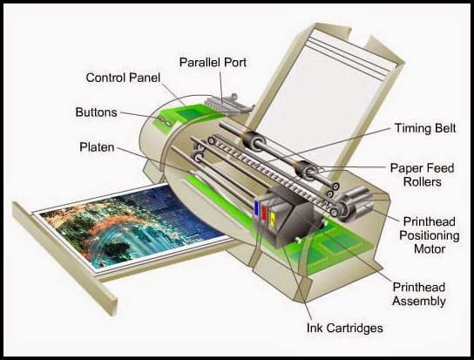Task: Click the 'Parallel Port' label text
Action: [x=213, y=62]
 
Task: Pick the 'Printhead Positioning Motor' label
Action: [x=421, y=234]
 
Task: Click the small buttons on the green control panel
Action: [x=162, y=121]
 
